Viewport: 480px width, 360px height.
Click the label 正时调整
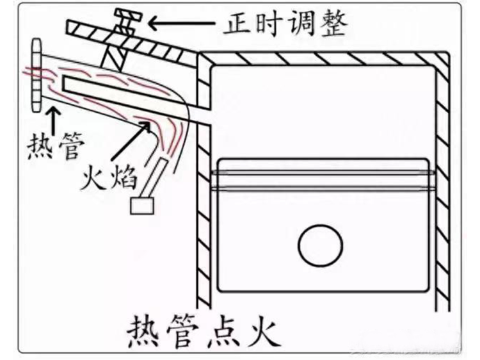285,24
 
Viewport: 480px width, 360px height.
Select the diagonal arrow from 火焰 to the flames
131,142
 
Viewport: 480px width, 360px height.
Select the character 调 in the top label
305,24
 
